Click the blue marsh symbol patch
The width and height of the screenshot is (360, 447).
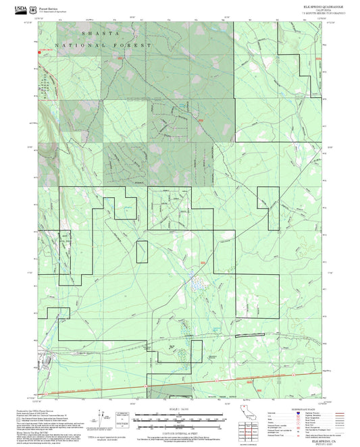(x=195, y=284)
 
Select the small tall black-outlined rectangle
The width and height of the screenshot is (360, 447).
(x=142, y=251)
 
